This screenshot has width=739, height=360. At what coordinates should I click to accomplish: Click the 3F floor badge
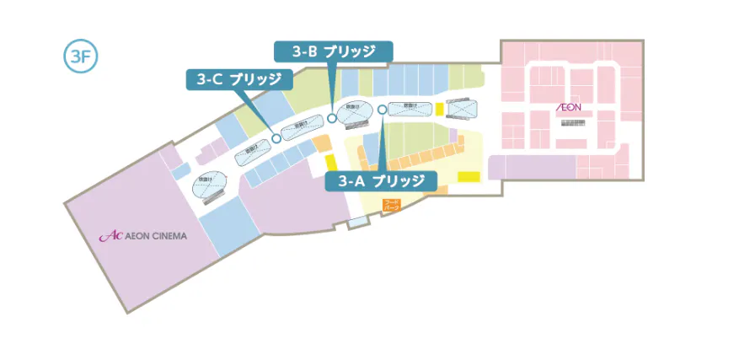pos(82,56)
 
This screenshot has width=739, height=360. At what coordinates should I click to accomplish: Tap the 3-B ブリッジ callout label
pos(335,51)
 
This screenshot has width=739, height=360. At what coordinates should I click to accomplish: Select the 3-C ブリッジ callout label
pos(240,80)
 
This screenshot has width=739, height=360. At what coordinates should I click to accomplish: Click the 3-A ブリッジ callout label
pos(382,181)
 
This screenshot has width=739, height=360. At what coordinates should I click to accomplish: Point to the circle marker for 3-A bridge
pos(383,109)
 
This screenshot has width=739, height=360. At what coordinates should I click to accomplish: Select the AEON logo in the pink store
pos(570,109)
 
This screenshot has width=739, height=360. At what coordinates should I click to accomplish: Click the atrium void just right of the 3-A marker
pos(410,107)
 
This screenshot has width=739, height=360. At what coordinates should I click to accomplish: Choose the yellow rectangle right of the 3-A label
pos(468,177)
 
